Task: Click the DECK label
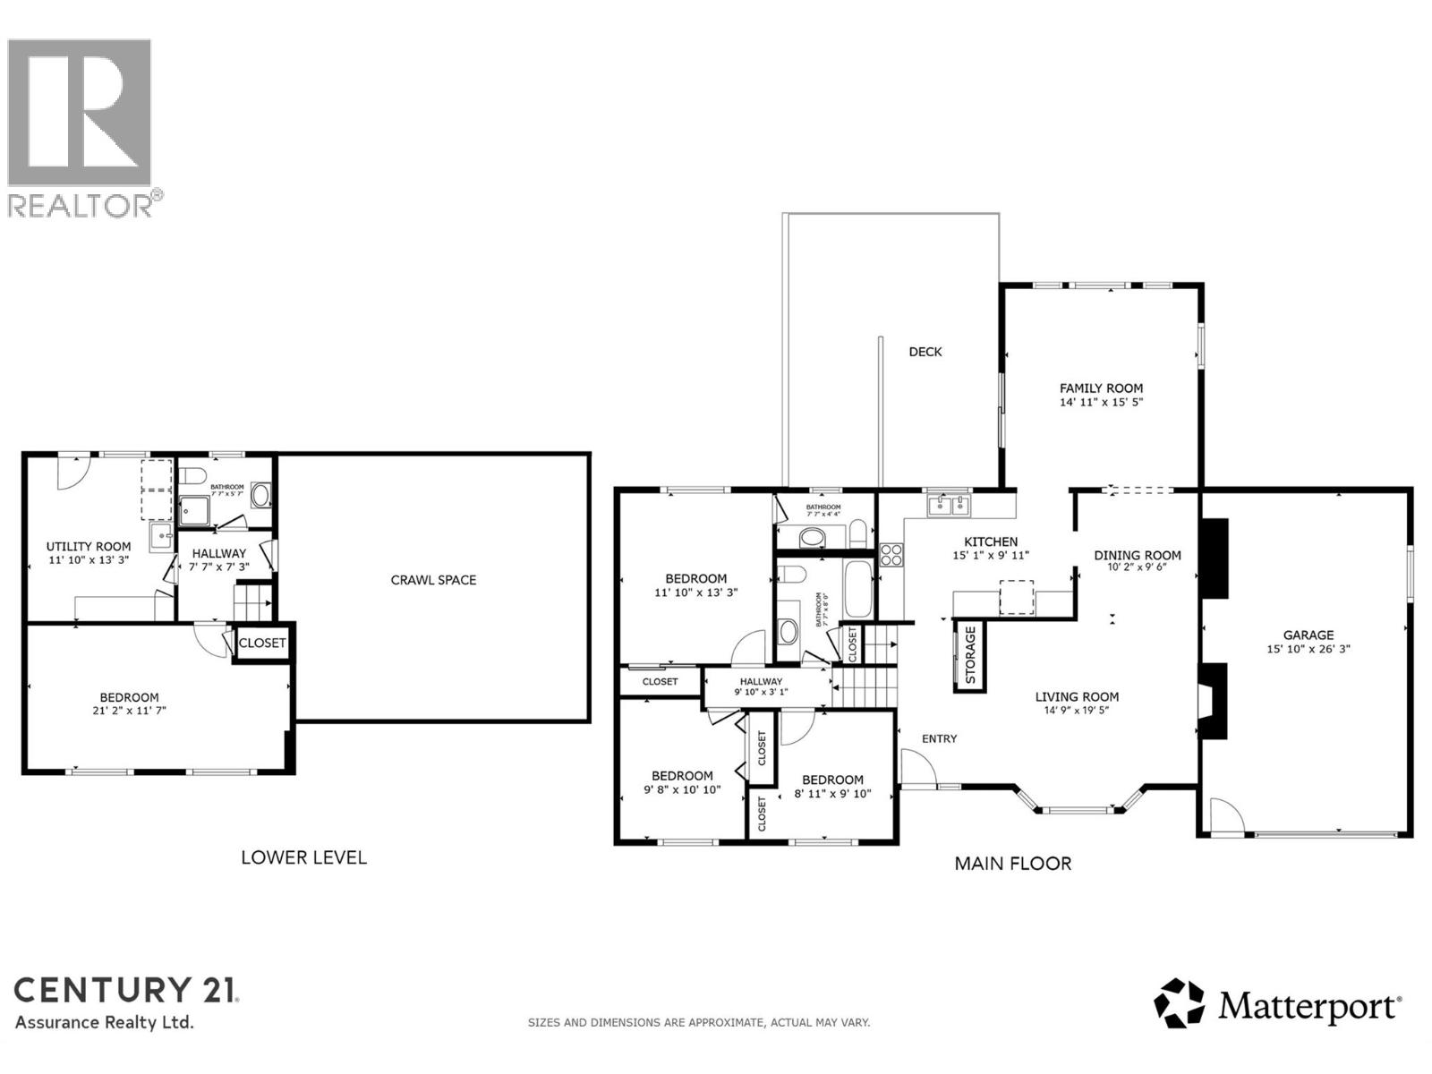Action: (x=925, y=352)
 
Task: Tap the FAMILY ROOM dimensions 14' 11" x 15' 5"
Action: (x=1101, y=403)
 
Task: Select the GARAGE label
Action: (x=1308, y=635)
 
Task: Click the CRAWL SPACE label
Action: (x=433, y=580)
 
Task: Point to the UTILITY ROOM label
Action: (x=89, y=546)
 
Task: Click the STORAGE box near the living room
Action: (x=969, y=655)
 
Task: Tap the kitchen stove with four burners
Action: (x=891, y=555)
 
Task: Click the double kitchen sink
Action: (x=949, y=506)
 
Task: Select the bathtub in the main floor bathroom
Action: (x=857, y=589)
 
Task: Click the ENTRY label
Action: (x=939, y=738)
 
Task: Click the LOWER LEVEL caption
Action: (x=303, y=857)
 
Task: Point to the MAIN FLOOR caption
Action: (x=1012, y=864)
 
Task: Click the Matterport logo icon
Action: (x=1180, y=1003)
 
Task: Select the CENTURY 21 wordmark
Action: (x=126, y=990)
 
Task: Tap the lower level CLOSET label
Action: (x=262, y=643)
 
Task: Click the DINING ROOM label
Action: (x=1137, y=555)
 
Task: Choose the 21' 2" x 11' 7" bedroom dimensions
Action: (x=129, y=711)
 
